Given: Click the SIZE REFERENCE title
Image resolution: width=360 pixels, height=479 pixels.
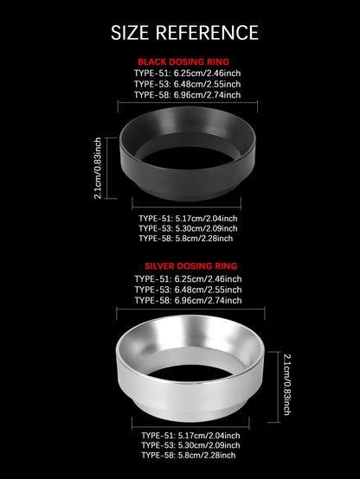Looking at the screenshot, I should coord(184,33).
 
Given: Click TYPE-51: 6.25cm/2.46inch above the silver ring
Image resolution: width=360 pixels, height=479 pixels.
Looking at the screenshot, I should coord(189,278).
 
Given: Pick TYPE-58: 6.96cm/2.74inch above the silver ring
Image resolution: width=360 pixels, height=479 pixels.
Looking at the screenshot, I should coord(189,300).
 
